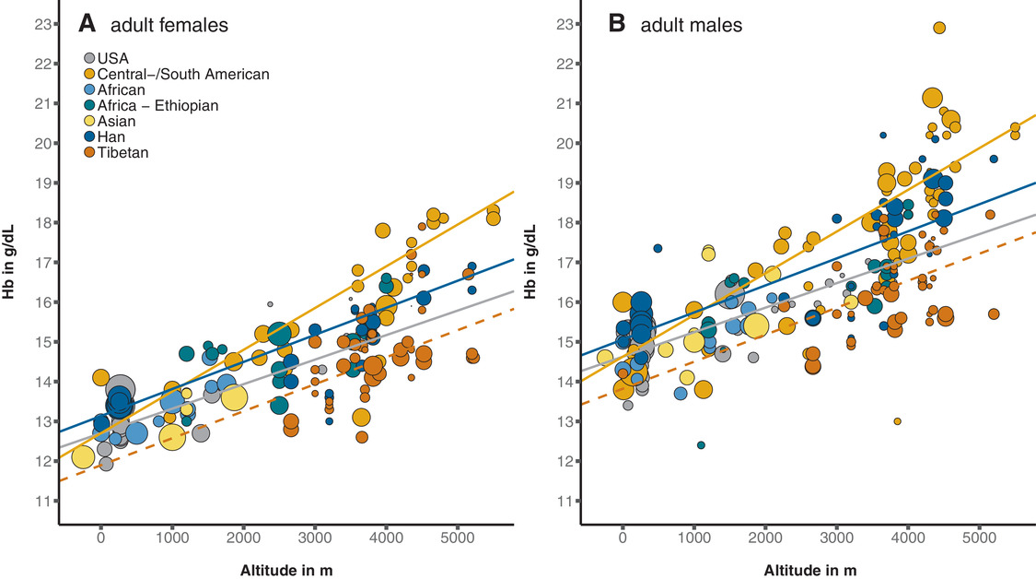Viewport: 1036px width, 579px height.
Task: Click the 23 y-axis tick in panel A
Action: (41, 25)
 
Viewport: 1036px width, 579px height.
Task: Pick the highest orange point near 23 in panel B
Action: (939, 28)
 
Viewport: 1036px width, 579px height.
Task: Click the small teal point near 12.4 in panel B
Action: (701, 444)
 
